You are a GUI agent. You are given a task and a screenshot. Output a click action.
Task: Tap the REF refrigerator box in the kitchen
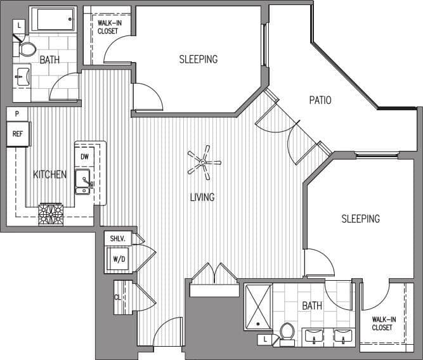tap(17, 134)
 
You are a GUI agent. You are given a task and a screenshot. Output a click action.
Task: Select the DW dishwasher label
tap(85, 157)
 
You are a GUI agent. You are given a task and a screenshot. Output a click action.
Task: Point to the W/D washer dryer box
tap(119, 259)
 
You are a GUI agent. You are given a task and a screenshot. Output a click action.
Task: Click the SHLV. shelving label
tap(120, 238)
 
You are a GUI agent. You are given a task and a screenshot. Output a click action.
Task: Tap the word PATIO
tap(320, 100)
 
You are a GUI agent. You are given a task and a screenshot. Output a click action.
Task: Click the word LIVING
tap(202, 197)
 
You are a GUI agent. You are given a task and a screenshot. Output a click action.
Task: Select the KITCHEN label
tap(50, 174)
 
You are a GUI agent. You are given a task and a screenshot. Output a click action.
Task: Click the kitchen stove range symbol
tap(50, 214)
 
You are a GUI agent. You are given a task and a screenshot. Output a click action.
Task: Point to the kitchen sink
tap(83, 181)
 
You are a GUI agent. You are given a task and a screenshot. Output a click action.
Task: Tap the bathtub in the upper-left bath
tap(52, 19)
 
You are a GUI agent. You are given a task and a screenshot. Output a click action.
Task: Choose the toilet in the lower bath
tap(287, 332)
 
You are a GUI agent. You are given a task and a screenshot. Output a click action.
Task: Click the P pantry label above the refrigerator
tap(17, 114)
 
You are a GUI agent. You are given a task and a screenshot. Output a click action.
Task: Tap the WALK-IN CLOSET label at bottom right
tap(382, 323)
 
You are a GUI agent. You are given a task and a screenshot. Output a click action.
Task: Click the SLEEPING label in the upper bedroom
tap(198, 59)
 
